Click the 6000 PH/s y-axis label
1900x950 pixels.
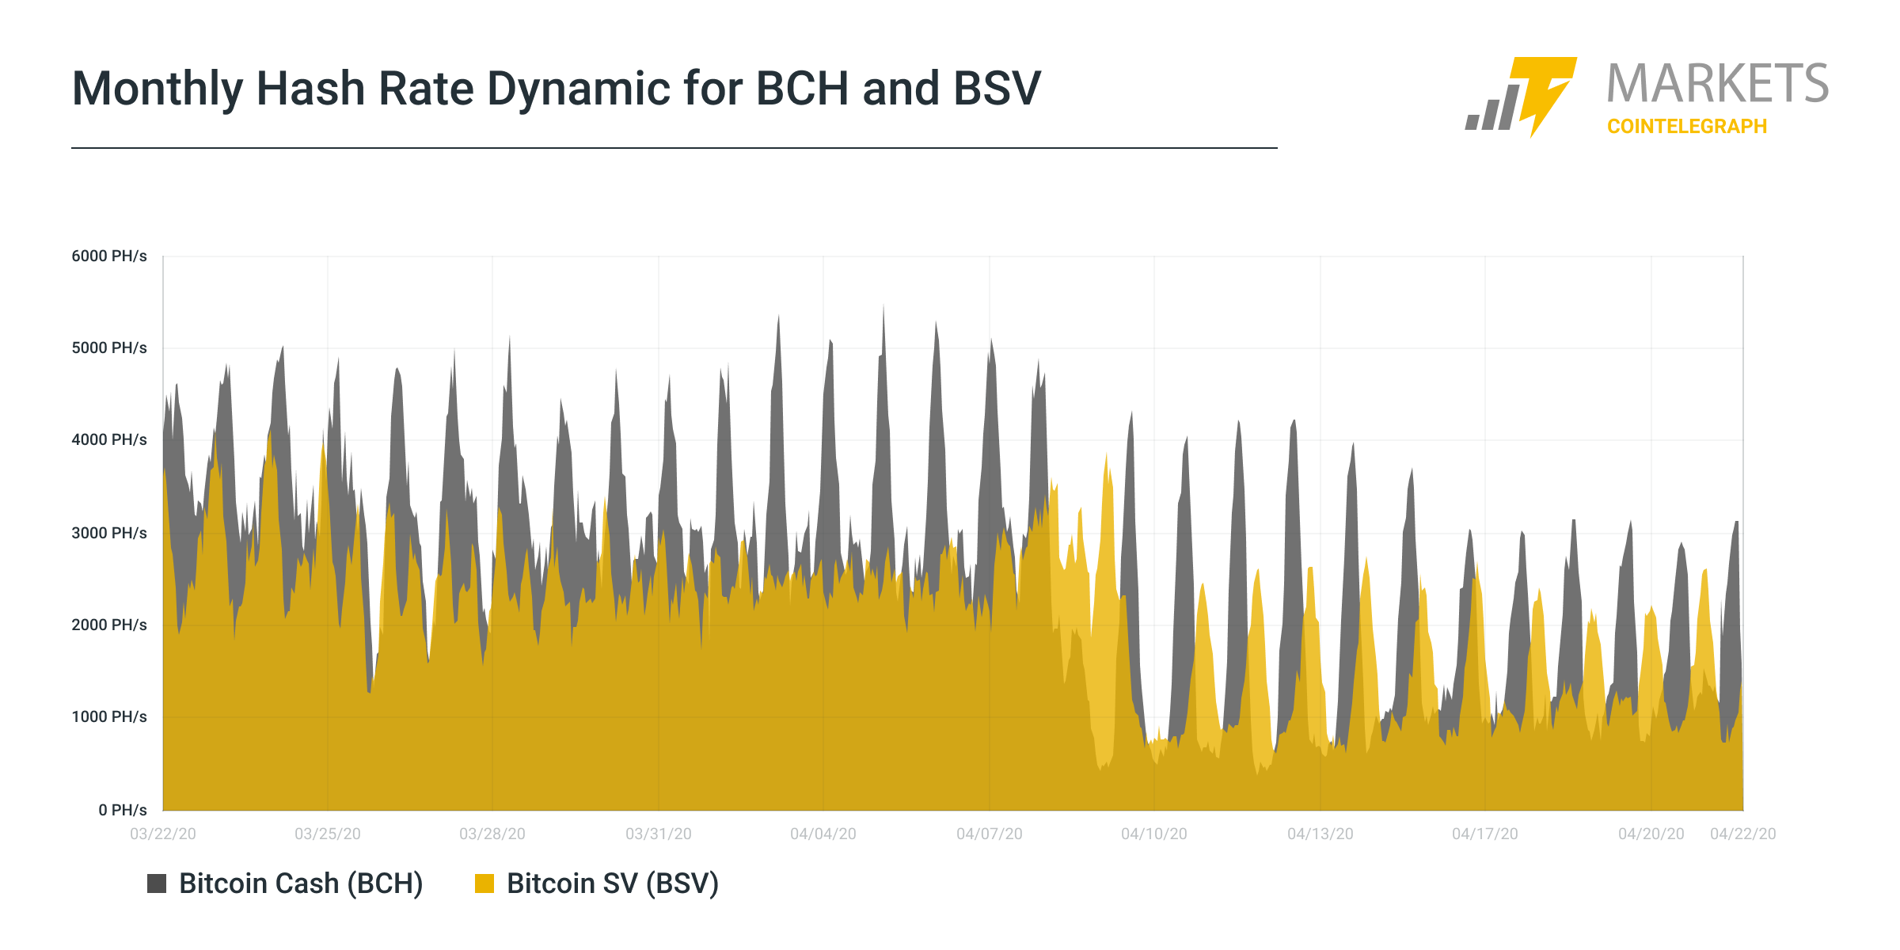pos(109,256)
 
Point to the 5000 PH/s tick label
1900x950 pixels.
pos(109,348)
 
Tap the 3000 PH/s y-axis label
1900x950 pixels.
pos(109,534)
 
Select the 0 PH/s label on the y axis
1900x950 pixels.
pos(123,811)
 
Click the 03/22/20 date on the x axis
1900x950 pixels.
pos(163,834)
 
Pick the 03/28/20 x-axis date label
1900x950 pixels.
pos(492,834)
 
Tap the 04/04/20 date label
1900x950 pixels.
pos(823,834)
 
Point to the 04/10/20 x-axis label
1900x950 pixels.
pos(1154,834)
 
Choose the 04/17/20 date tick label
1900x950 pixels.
pos(1485,834)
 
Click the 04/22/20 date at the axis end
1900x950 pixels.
pos(1743,834)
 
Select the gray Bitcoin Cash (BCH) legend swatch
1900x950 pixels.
pos(157,883)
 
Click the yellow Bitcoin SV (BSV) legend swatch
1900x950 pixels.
pos(484,883)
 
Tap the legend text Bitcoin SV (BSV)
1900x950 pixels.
pos(613,883)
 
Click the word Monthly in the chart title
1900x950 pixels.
pos(158,89)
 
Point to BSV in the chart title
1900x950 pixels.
pos(997,89)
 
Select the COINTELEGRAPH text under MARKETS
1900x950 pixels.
pos(1687,127)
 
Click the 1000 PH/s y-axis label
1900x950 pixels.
pos(109,717)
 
